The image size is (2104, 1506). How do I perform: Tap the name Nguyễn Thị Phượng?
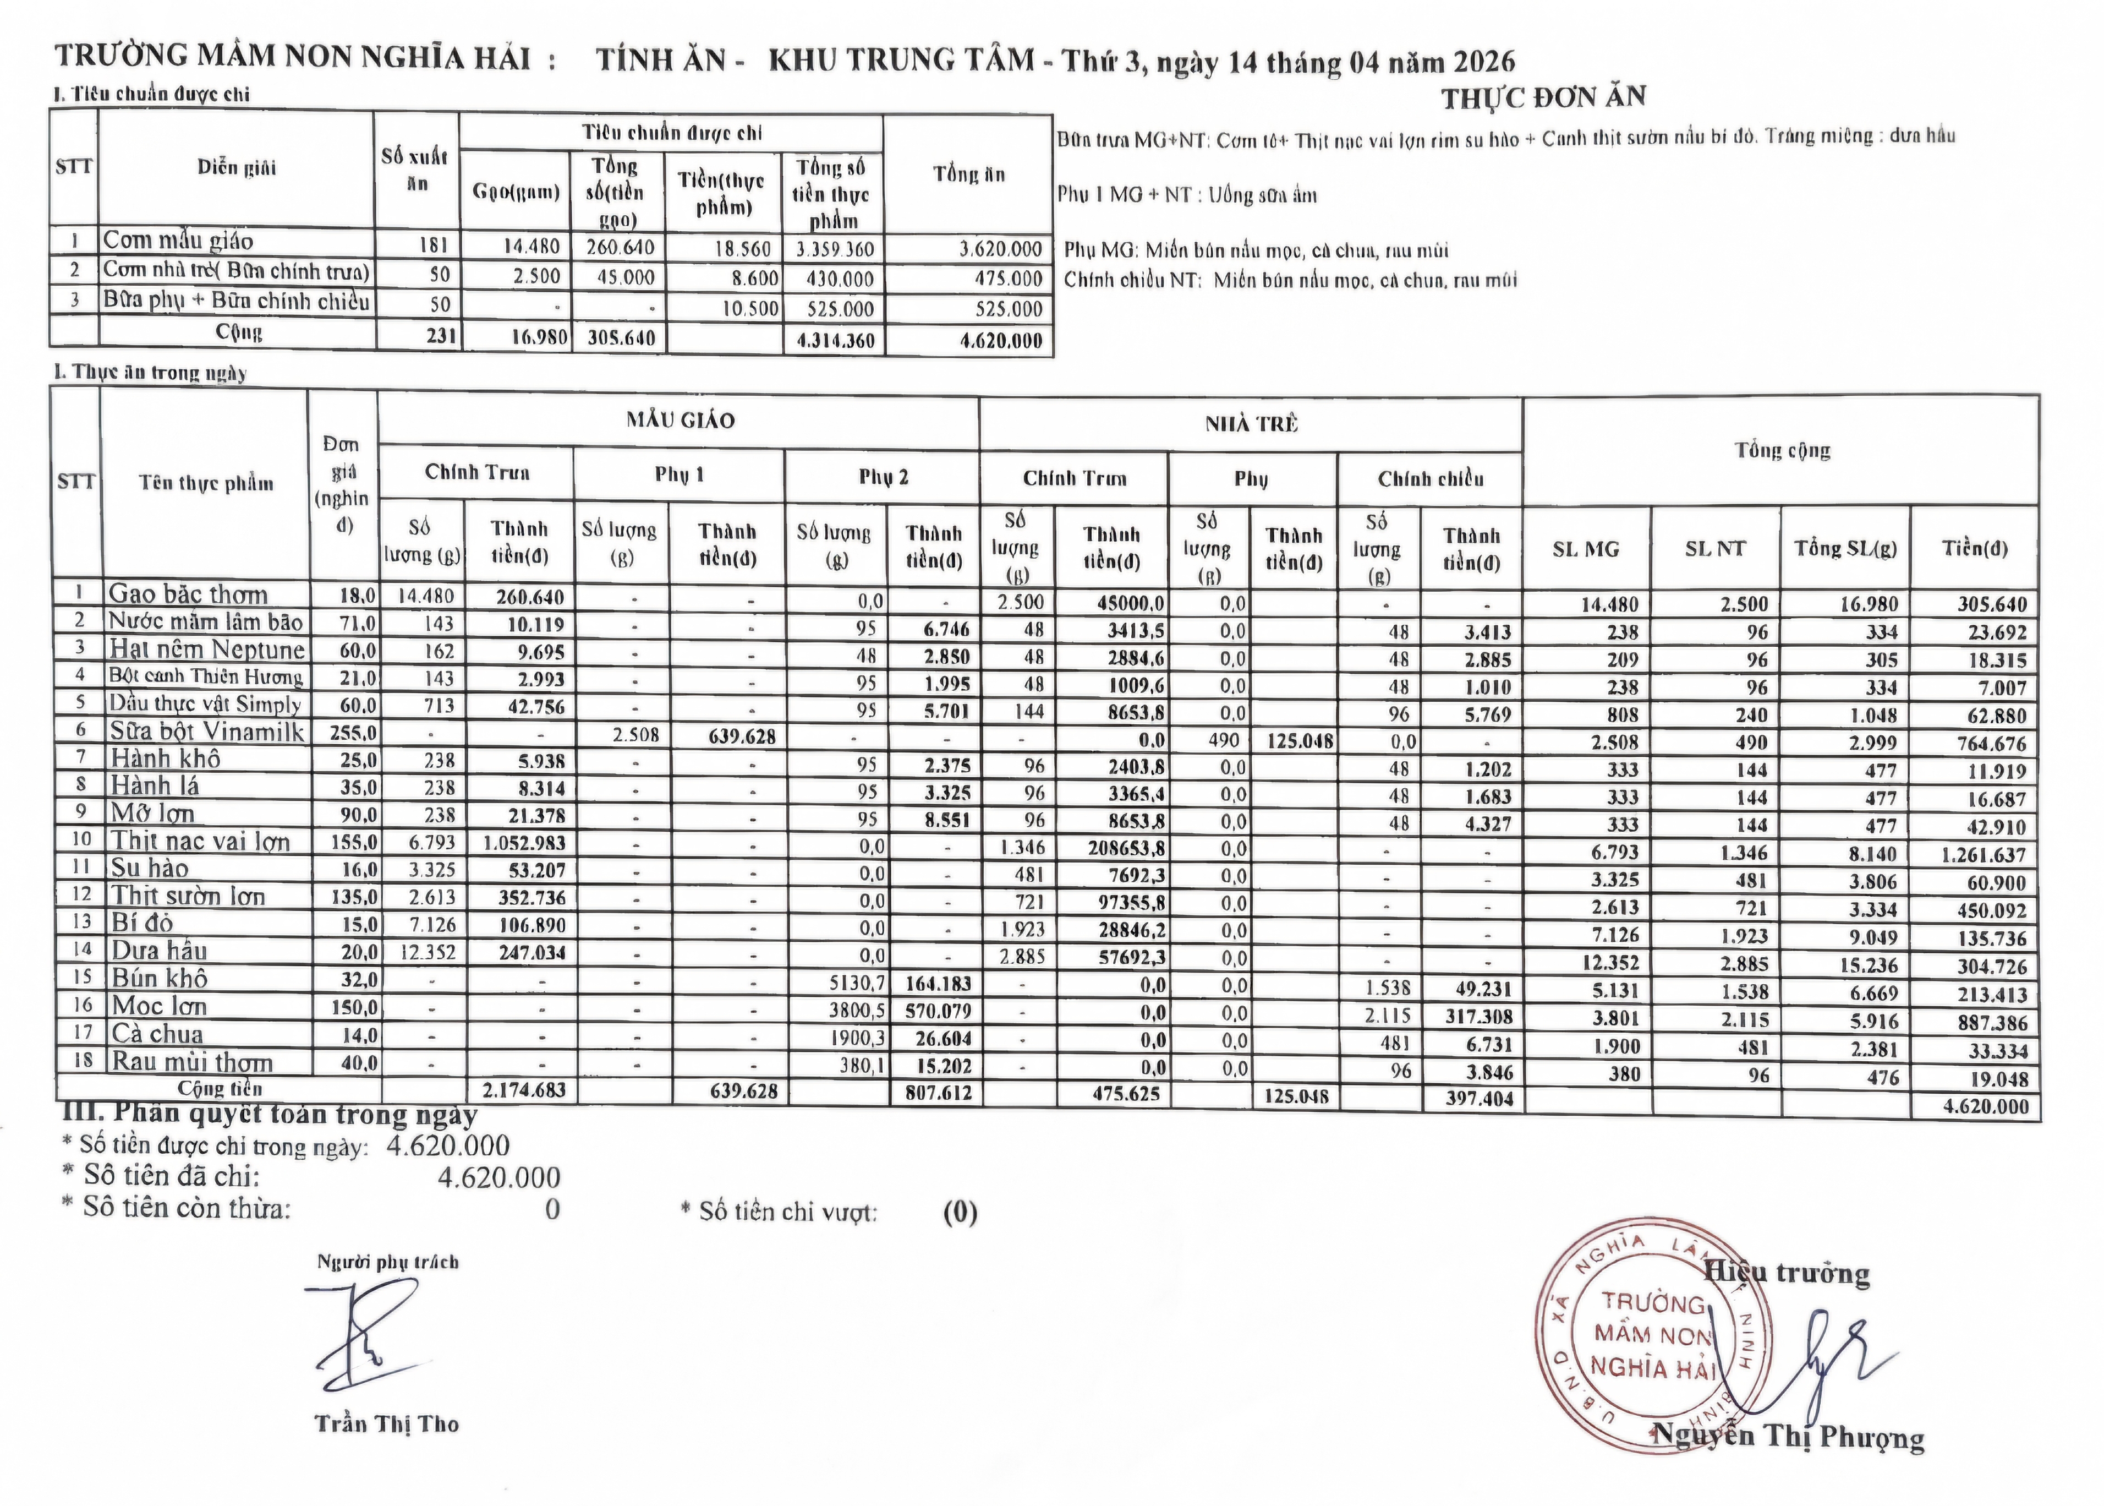tap(1789, 1437)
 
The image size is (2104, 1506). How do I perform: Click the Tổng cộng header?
tap(1782, 451)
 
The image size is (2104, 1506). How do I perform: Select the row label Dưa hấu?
tap(160, 951)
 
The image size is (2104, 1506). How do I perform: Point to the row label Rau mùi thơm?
tap(192, 1062)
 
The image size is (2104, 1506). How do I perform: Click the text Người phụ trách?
tap(387, 1262)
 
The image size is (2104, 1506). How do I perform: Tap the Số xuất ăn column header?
tap(417, 170)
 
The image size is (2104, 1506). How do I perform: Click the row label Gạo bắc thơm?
tap(188, 594)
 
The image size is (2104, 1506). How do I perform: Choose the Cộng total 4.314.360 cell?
tap(834, 340)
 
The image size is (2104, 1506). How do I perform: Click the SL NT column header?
tap(1714, 549)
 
